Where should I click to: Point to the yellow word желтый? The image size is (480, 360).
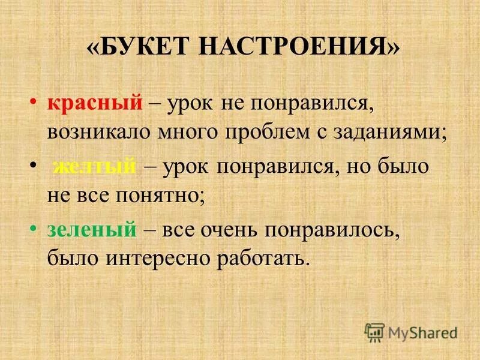(94, 167)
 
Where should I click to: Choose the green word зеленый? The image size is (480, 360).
(92, 230)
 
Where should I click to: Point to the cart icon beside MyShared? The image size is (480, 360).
(374, 331)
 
